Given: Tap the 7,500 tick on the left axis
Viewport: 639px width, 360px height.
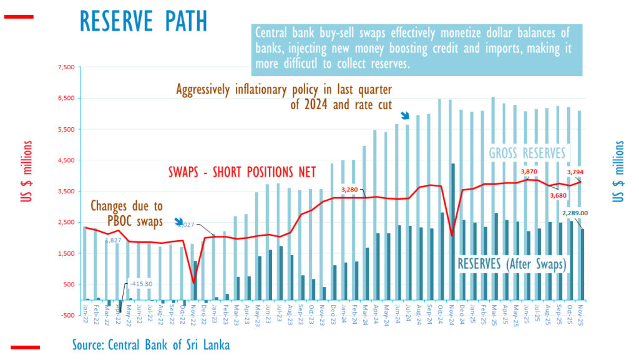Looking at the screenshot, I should (65, 67).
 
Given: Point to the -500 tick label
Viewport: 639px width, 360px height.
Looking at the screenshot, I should (66, 315).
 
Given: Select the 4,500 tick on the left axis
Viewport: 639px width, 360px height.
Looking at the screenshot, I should (65, 160).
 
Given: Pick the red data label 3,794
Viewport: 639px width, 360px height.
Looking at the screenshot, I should (575, 172).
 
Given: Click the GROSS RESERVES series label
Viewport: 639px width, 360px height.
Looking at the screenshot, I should (527, 153).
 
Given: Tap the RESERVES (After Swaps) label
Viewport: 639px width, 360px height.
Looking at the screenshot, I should (512, 264).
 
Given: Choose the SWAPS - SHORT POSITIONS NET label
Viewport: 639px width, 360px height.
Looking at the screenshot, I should (243, 172).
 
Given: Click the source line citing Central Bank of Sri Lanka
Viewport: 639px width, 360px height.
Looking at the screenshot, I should (150, 344).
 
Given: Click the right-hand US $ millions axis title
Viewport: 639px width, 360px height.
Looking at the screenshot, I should (618, 172).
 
